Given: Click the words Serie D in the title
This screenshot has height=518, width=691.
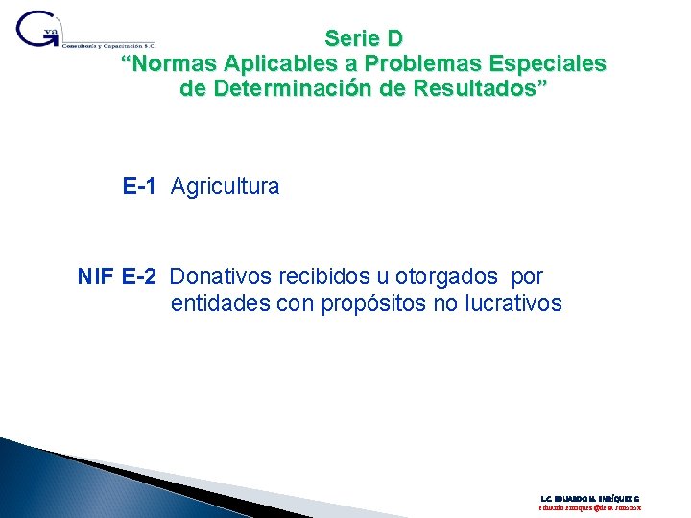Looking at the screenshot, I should pyautogui.click(x=364, y=39).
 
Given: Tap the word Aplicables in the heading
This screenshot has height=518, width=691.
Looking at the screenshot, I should pyautogui.click(x=274, y=64).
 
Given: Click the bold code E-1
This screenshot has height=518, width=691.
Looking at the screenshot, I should pyautogui.click(x=139, y=186).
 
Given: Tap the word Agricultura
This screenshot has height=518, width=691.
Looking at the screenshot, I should pyautogui.click(x=226, y=186).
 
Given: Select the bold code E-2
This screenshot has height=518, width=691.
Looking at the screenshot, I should pyautogui.click(x=141, y=277).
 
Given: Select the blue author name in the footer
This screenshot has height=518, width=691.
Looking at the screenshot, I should pyautogui.click(x=589, y=499).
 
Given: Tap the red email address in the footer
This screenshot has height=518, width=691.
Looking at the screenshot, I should pyautogui.click(x=589, y=509).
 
